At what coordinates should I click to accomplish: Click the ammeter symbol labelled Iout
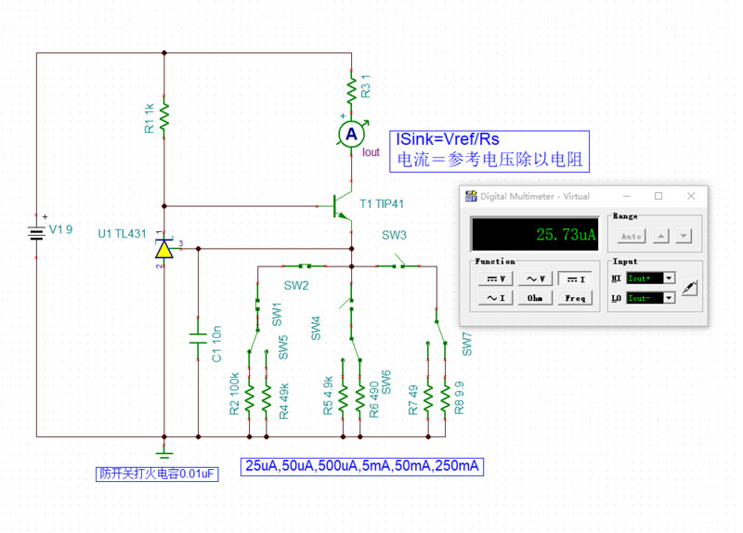pos(351,135)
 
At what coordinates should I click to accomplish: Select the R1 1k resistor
pos(164,117)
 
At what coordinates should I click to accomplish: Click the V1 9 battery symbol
pos(36,231)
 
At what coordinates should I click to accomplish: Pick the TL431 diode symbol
pos(164,249)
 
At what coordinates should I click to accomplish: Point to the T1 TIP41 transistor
pos(341,206)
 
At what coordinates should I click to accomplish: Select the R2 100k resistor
pos(249,396)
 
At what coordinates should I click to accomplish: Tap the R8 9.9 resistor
pos(446,397)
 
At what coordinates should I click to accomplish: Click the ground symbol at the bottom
pos(164,451)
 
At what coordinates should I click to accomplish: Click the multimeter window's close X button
pos(691,196)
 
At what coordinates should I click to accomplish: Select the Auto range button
pos(630,237)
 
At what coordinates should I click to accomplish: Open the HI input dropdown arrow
pos(669,278)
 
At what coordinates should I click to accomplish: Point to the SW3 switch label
pos(395,236)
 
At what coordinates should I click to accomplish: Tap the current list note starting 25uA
pos(363,465)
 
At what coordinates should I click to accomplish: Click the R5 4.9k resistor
pos(343,396)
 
